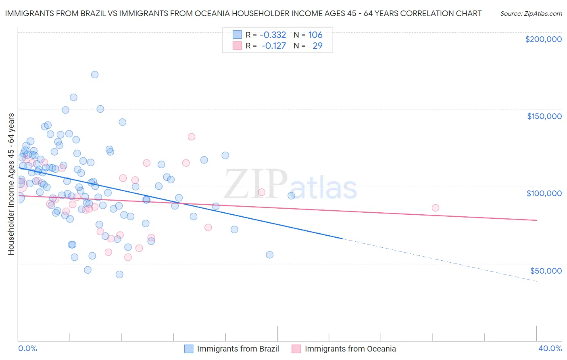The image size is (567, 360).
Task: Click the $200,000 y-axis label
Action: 543,39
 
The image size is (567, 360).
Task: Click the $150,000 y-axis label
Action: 544,116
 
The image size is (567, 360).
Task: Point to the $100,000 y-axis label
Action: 544,193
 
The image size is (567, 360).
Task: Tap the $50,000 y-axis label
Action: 546,270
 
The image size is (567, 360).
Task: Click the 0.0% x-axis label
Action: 27,348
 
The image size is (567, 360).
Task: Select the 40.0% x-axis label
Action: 550,348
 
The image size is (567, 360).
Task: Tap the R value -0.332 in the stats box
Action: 273,35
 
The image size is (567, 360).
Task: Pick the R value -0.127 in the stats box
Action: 273,46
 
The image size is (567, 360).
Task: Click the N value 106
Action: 315,35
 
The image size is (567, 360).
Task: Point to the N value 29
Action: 317,46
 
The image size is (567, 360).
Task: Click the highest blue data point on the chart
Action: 95,75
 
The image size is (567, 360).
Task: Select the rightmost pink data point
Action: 435,208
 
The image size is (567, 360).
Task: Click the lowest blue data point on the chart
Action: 119,274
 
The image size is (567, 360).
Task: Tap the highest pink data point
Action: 192,137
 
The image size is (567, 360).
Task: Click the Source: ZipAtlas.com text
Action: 531,13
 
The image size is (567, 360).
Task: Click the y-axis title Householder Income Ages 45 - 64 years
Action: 11,184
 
